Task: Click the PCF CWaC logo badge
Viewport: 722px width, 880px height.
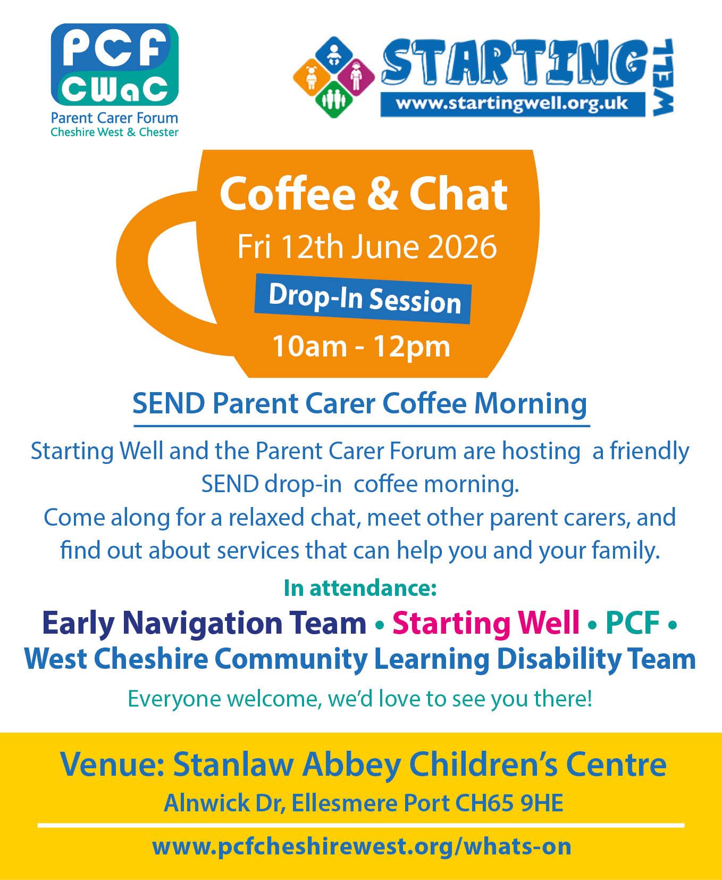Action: [x=114, y=64]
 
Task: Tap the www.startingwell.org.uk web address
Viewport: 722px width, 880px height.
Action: [x=512, y=103]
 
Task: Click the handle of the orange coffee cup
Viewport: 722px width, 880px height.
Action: [x=159, y=277]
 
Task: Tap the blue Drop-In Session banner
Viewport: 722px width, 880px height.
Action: [x=363, y=298]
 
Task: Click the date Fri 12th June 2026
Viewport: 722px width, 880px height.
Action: [x=367, y=247]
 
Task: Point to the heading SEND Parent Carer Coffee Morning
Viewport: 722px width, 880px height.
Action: [x=360, y=403]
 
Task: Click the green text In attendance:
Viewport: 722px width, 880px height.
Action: [x=360, y=587]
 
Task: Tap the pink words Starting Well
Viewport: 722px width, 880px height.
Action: [x=486, y=623]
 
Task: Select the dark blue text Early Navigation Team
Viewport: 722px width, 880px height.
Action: [x=204, y=623]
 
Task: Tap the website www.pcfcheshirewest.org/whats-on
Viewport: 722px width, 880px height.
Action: [x=362, y=846]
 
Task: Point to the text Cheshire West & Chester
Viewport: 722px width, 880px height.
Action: [x=114, y=132]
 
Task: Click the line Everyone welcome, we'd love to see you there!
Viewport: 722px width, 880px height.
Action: [x=360, y=699]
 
